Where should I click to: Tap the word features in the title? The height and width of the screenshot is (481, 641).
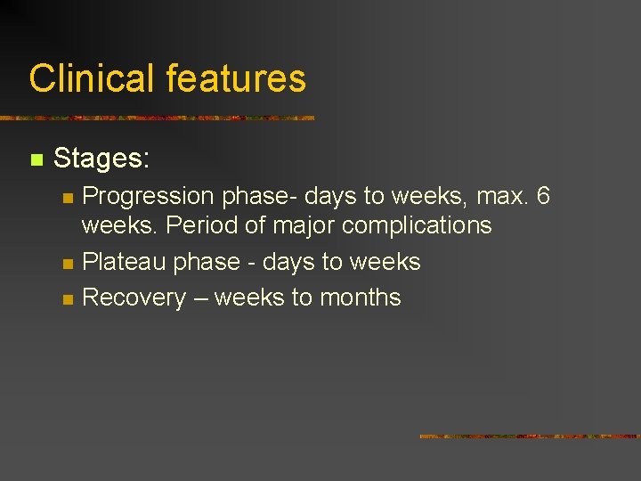235,78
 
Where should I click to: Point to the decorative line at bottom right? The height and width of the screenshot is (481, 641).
529,436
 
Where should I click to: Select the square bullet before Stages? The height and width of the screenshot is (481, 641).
36,160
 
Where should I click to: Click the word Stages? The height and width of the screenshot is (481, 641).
101,159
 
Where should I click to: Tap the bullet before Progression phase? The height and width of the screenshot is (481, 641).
66,198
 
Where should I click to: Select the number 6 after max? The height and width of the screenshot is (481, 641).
542,196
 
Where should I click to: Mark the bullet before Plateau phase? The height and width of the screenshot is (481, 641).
66,264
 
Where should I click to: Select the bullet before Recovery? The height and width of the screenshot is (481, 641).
66,299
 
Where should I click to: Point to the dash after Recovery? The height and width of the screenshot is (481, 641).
200,298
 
